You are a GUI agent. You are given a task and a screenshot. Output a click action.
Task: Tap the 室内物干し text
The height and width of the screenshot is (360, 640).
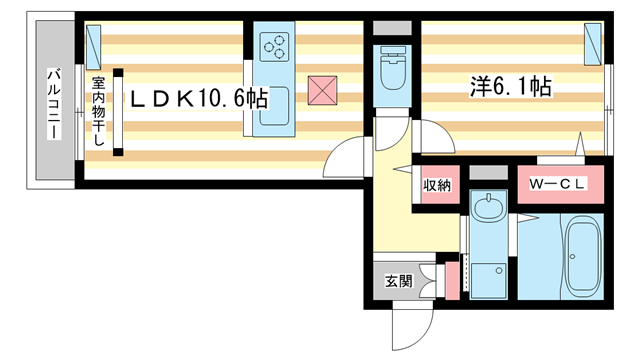click(x=98, y=111)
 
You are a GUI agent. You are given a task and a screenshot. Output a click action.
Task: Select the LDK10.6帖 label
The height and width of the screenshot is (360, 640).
click(x=195, y=99)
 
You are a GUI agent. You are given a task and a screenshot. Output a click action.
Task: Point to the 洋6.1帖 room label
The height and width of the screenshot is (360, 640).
click(x=511, y=87)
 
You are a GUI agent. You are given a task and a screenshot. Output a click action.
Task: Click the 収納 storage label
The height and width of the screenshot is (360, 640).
click(x=436, y=185)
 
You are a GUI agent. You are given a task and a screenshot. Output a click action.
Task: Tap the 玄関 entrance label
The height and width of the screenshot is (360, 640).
click(x=398, y=281)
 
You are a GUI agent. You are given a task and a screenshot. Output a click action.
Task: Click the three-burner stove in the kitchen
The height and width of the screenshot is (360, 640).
click(x=273, y=46)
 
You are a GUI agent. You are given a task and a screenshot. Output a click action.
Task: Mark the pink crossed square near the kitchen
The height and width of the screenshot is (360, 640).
click(x=321, y=90)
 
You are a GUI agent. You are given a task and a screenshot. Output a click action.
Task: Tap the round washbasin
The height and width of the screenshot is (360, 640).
click(x=489, y=209)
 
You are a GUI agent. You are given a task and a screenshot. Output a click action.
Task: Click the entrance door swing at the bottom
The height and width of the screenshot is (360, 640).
click(x=411, y=325)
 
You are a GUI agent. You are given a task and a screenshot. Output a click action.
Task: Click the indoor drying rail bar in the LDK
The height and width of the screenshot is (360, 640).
click(x=118, y=111)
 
